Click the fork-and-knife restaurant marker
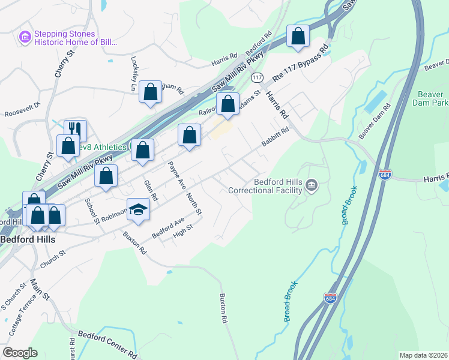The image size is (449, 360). pyautogui.click(x=75, y=130)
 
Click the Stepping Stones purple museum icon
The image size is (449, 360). pyautogui.click(x=25, y=38)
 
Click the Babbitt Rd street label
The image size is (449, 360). pyautogui.click(x=276, y=137)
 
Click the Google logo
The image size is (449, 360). pyautogui.click(x=20, y=353)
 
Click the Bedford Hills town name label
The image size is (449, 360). pyautogui.click(x=28, y=239)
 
